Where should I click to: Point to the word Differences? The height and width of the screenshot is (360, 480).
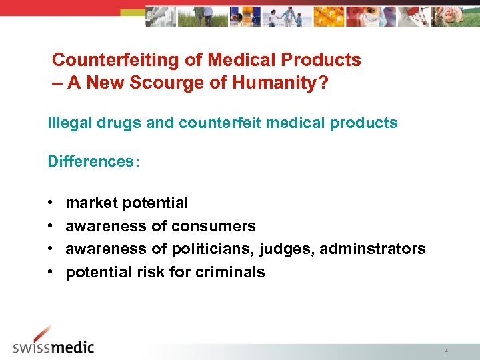point(94,162)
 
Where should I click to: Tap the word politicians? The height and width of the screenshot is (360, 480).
point(220,249)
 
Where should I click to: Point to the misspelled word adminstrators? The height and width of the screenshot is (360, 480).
point(373,249)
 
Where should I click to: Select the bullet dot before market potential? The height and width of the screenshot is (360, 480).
point(51,203)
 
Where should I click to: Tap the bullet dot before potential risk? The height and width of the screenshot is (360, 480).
point(51,272)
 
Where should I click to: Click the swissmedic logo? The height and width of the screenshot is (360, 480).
point(54,342)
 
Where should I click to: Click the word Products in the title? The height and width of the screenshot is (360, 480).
point(323,60)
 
